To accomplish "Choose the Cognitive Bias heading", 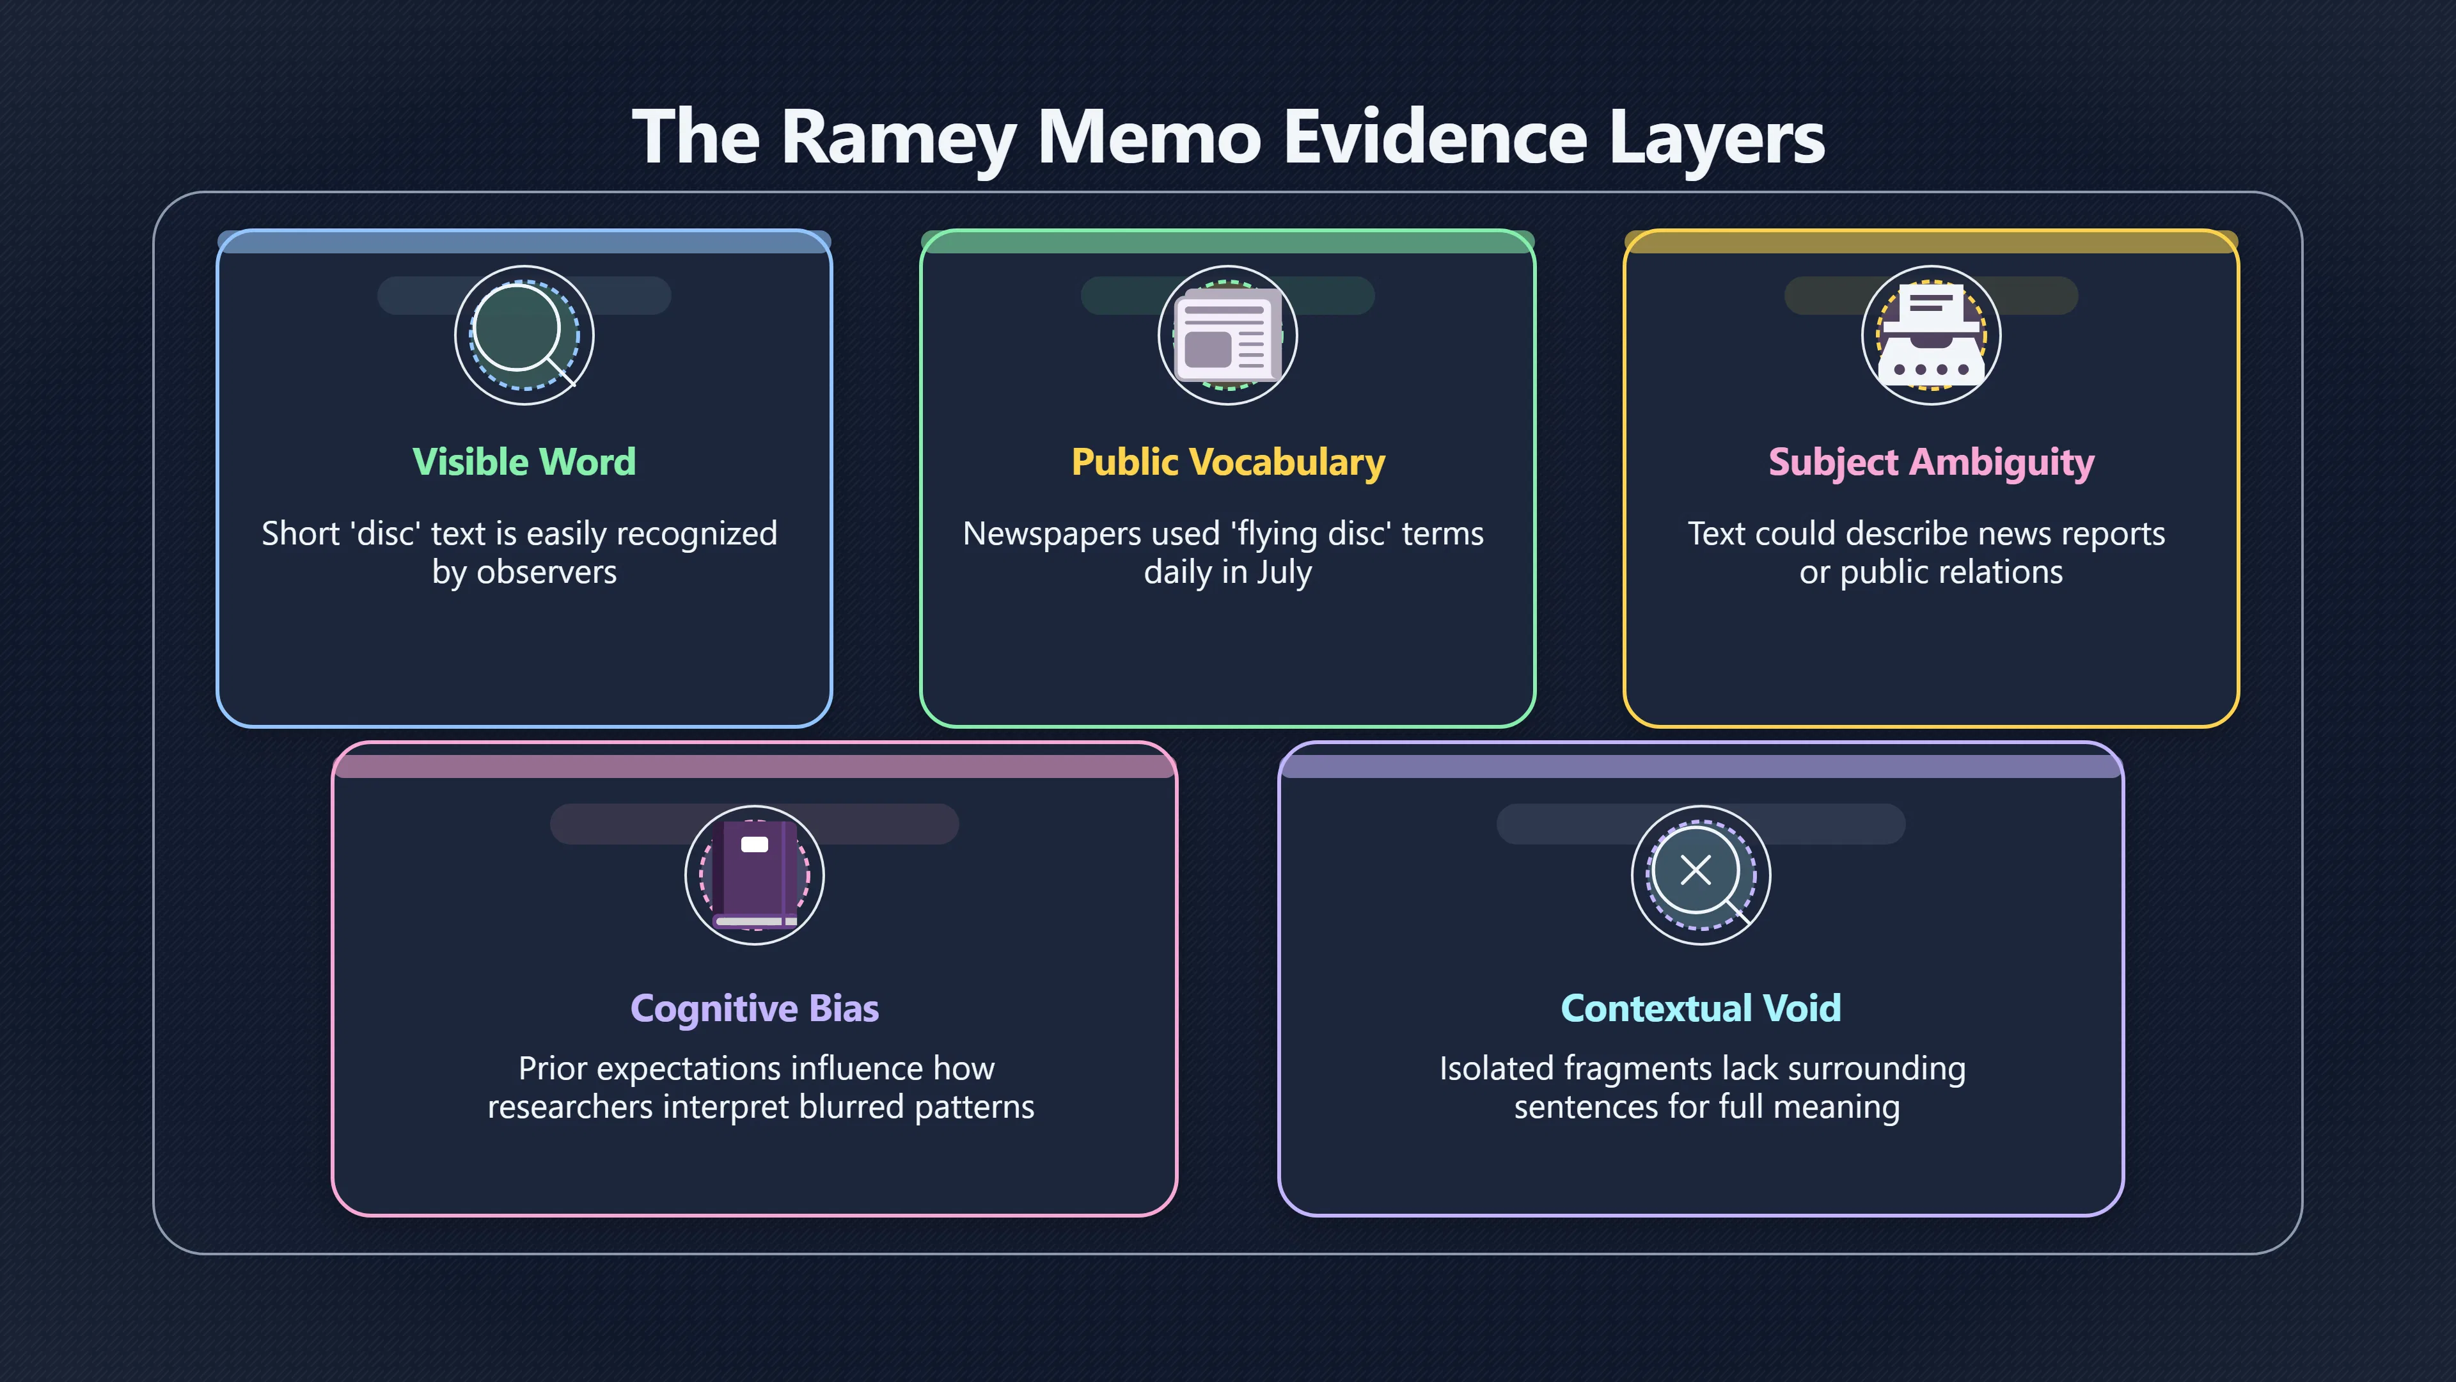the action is (754, 1009).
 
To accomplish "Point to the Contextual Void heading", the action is (1701, 1008).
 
